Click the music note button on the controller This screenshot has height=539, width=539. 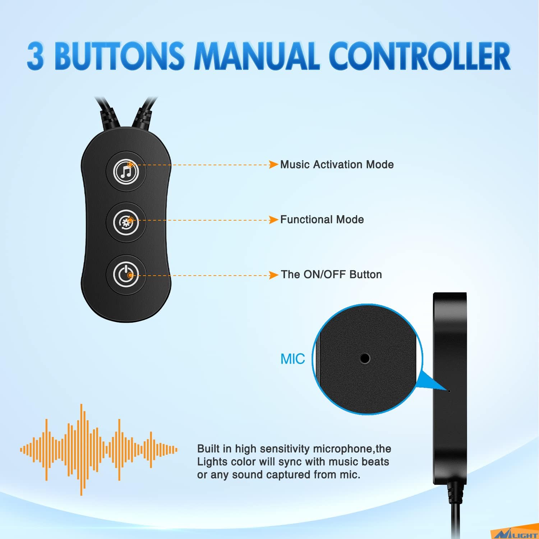pos(126,171)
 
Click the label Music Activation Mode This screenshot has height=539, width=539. pos(337,165)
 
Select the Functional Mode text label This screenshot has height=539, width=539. pos(322,220)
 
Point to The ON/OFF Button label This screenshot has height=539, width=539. pos(331,275)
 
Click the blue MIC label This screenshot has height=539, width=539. pos(292,359)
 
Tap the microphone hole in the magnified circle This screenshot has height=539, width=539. pos(365,358)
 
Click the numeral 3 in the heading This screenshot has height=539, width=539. pos(35,56)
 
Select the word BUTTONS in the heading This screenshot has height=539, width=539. pos(119,56)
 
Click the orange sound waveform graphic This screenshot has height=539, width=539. pos(99,450)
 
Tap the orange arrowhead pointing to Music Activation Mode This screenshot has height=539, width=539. pos(274,165)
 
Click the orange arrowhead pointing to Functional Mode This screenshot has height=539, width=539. pos(274,220)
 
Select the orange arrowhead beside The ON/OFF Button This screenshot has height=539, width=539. pos(274,275)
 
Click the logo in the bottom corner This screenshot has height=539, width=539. pos(516,534)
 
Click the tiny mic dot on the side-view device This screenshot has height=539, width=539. pos(450,390)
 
